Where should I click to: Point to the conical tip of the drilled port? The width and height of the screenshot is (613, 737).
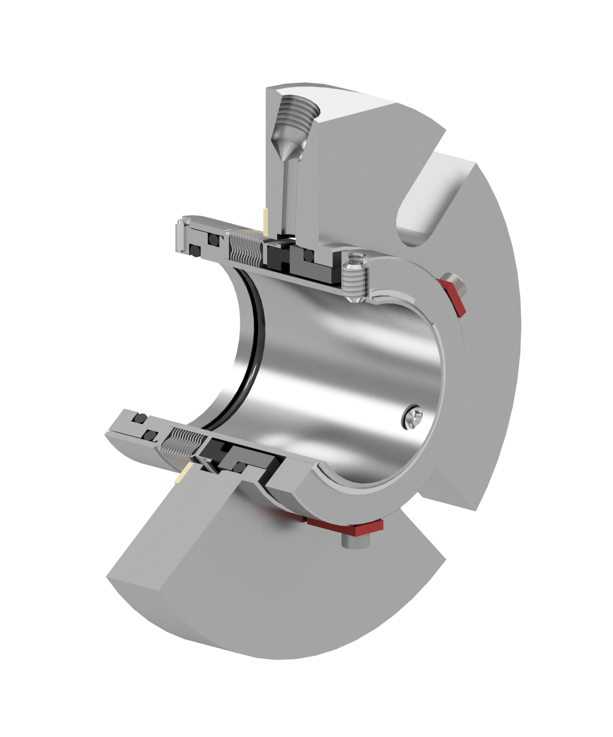click(x=289, y=151)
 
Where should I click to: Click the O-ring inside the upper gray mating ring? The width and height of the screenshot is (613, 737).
click(x=309, y=255)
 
